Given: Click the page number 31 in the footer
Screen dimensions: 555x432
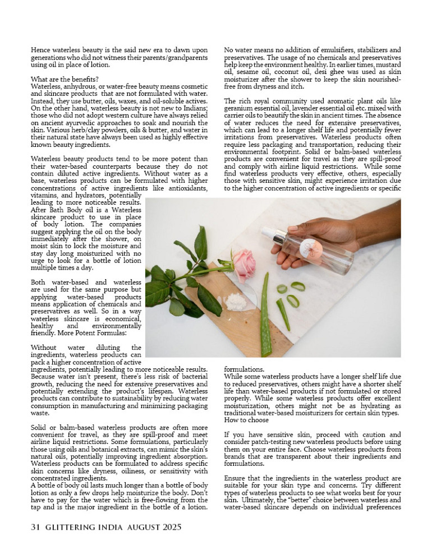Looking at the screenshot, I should click(36, 527).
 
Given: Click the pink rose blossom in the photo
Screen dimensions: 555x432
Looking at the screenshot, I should click(244, 265).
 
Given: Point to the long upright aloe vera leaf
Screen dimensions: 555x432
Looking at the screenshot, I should click(265, 314).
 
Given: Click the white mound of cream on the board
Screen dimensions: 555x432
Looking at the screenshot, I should click(236, 302).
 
